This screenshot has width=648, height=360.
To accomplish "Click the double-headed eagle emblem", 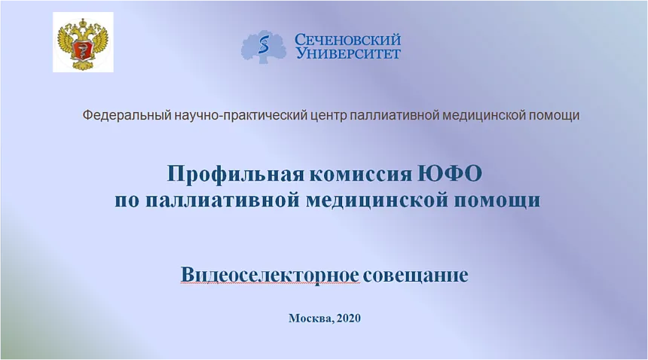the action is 83,43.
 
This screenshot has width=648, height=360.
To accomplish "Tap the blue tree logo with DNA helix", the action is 263,47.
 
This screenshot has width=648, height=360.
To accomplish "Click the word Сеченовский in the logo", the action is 347,40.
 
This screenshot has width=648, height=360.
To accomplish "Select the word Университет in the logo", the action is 348,53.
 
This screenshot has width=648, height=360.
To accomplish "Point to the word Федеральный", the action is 127,115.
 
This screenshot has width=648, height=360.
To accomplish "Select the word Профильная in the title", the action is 236,173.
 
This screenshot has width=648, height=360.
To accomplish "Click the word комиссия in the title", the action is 361,174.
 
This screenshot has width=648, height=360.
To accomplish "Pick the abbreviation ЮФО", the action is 450,173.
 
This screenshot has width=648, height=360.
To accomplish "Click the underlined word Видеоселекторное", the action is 270,275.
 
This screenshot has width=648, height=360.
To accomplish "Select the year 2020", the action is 349,319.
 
